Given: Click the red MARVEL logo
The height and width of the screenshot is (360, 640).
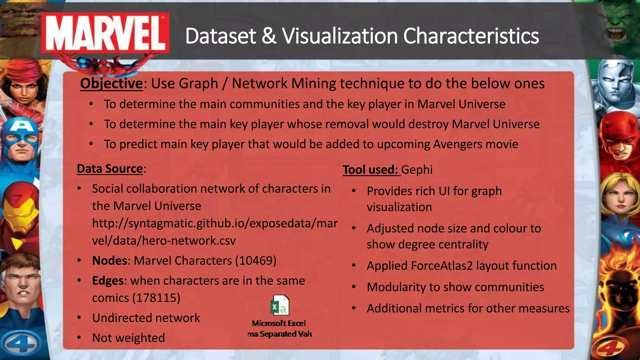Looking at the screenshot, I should coord(106,34).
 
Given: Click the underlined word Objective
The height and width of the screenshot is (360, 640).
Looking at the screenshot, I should coord(111,84).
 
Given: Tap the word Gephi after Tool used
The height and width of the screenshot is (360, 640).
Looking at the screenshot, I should coord(417,170).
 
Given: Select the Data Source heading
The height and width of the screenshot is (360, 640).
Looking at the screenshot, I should coord(110,169).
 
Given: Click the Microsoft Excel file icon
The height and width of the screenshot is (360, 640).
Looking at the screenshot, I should coord(280,305).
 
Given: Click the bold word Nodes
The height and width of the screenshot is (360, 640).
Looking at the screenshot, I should coord(109,261).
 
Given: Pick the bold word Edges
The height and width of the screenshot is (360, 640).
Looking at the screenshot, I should coord(108,281).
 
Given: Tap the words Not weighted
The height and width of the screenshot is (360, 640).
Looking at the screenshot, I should coord(128,338).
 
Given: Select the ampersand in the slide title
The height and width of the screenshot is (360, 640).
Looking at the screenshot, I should coord(269,36).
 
